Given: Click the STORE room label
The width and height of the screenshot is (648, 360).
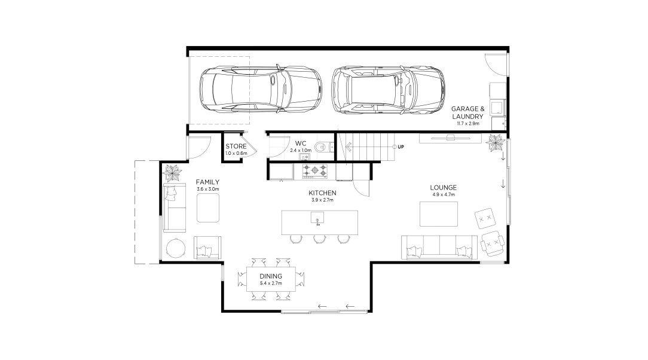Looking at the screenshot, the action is point(236,147).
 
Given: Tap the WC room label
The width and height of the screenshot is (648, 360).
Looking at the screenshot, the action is point(301,144).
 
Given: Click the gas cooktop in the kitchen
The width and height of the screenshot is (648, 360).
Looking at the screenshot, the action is point(315,170).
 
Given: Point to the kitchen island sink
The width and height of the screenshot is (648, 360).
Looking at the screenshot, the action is point(317,218).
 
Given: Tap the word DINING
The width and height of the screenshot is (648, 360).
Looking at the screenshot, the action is point(271,276).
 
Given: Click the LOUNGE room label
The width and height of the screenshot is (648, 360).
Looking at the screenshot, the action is point(444,188).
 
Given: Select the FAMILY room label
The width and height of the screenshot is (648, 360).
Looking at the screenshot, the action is point(207,182).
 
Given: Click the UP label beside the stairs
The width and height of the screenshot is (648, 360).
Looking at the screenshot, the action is point(401,147).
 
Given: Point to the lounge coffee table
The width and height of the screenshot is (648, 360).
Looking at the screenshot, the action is point(438,213).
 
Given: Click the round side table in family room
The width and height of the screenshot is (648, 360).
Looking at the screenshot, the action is point(176,248).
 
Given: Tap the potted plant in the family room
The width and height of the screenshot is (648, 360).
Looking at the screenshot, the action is point(172,172).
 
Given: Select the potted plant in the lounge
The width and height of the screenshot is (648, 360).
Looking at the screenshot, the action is point(495,143).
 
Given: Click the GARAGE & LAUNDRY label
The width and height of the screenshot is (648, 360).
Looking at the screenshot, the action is point(467,112).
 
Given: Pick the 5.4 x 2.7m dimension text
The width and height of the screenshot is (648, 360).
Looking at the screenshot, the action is point(271,283).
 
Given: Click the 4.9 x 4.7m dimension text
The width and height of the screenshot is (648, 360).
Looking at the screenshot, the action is point(444,194).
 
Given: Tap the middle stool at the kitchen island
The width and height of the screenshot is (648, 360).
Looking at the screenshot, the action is point(319,239).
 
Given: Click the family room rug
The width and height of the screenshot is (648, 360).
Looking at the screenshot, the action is point(208,208).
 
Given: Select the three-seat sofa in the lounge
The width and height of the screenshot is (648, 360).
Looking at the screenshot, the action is point(439,247).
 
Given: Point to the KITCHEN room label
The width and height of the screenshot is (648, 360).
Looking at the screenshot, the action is point(322,193).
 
